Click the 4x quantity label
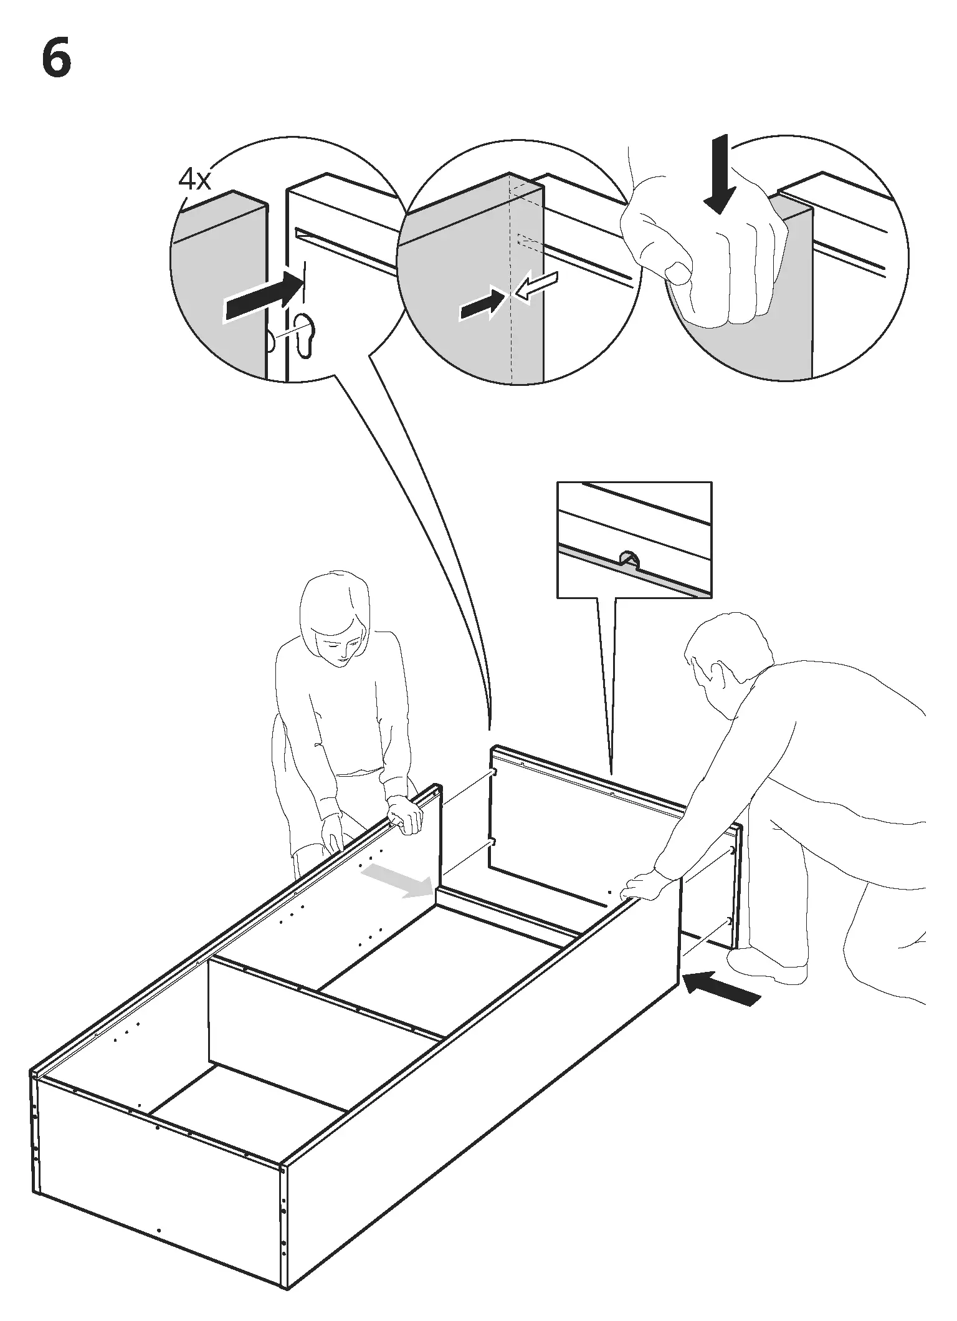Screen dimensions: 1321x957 (x=195, y=180)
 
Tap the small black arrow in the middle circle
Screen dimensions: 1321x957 (x=480, y=305)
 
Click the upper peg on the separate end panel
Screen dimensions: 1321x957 (x=494, y=772)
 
